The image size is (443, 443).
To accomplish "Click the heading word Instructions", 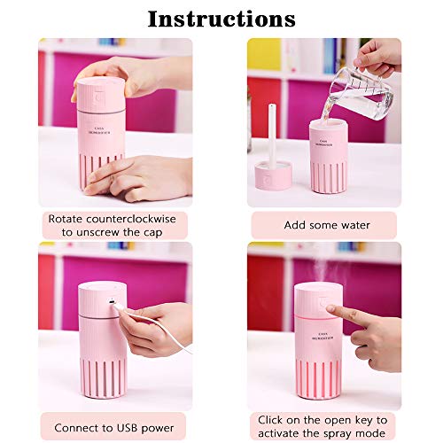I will pyautogui.click(x=221, y=18).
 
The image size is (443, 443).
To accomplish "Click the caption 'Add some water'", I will pyautogui.click(x=323, y=225).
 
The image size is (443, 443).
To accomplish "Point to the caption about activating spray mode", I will pyautogui.click(x=323, y=426).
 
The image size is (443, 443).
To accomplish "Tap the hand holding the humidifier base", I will pyautogui.click(x=151, y=177).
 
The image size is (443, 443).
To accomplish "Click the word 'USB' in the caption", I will pyautogui.click(x=129, y=427).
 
